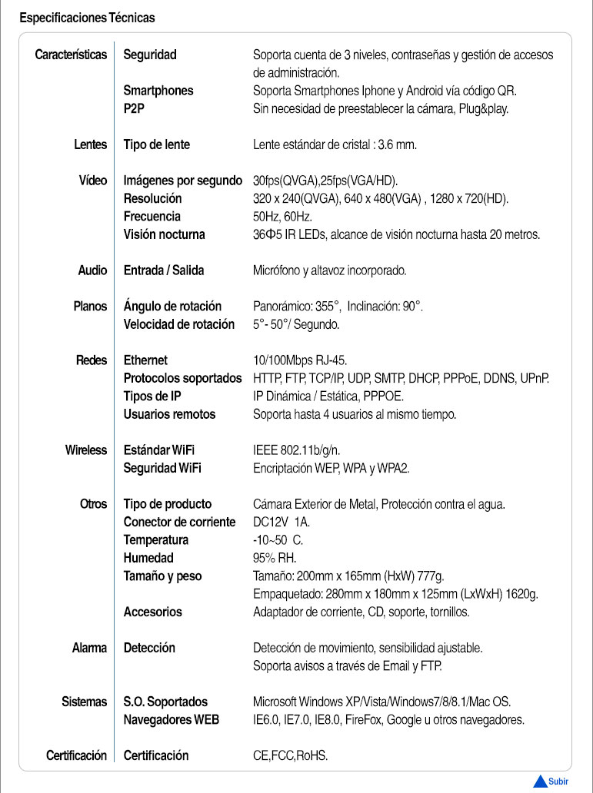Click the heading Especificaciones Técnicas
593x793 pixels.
pos(87,17)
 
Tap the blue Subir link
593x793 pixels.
pos(558,781)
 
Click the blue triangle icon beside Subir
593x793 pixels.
pos(540,781)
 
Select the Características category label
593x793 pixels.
pos(71,55)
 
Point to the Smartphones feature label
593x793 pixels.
pos(158,91)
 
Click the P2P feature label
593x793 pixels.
pos(135,108)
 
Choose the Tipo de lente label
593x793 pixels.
pos(157,144)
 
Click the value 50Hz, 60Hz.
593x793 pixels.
pos(282,217)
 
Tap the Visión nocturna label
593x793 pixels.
pos(165,234)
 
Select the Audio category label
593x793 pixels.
pos(92,270)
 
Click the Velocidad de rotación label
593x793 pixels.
pos(179,324)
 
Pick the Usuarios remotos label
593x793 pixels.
pos(169,414)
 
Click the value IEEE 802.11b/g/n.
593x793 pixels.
pos(296,450)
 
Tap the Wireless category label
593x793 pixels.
pos(86,450)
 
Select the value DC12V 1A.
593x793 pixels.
pos(282,523)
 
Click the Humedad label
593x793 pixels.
pos(148,558)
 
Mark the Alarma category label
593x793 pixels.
pos(89,648)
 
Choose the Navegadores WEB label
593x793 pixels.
pos(172,720)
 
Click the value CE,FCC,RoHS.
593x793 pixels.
pos(290,756)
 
